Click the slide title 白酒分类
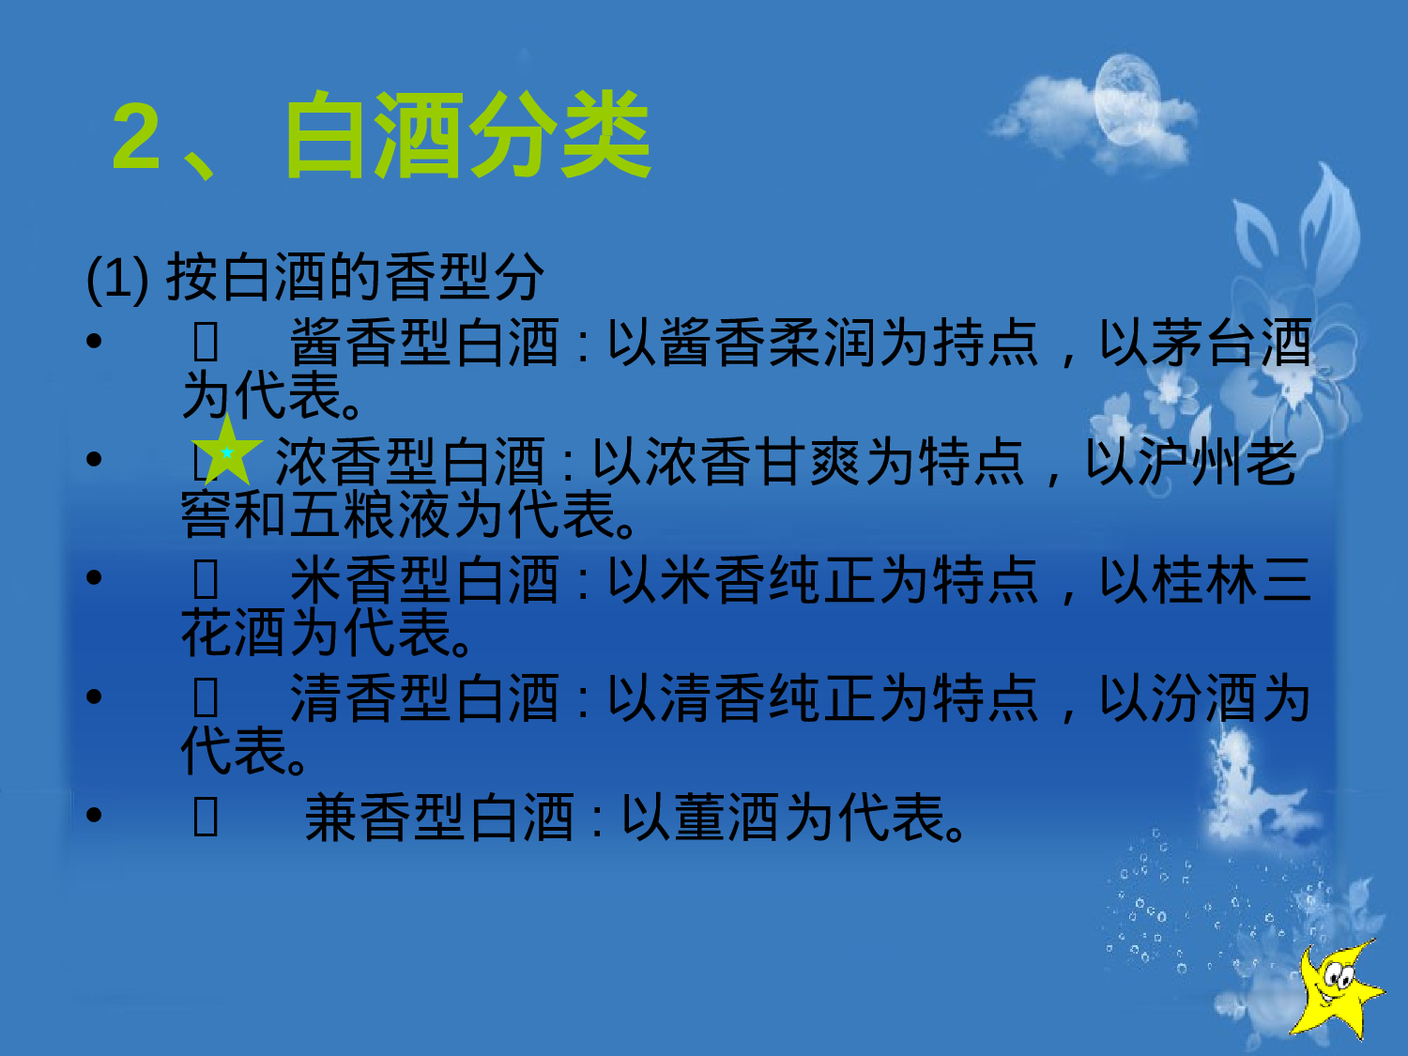(x=467, y=136)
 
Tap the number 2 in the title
(x=137, y=136)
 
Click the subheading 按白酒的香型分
(x=355, y=277)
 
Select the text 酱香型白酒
(x=424, y=343)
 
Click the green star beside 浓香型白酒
(x=226, y=452)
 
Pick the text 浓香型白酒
(x=410, y=462)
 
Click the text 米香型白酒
(x=424, y=580)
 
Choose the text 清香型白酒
(x=424, y=699)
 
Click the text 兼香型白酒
(x=438, y=818)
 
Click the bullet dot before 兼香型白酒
(x=94, y=815)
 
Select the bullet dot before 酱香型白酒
(x=94, y=340)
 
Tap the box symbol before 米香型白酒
(x=206, y=580)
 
